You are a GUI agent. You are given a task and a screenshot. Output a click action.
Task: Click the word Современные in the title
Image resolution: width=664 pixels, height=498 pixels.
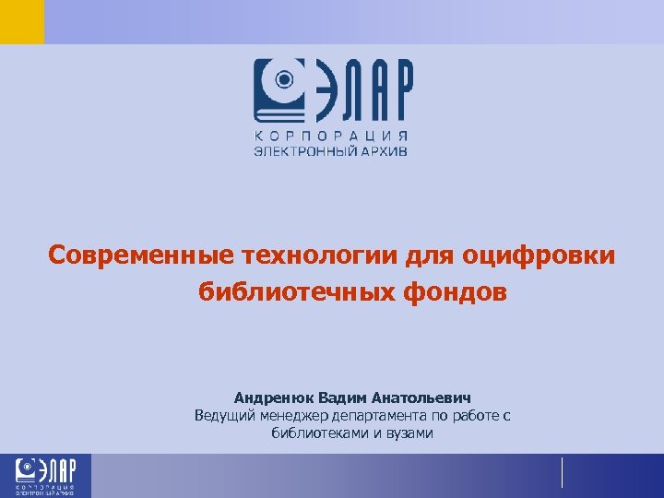142,254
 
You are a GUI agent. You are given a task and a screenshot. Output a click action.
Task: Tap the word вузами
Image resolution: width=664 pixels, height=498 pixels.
409,433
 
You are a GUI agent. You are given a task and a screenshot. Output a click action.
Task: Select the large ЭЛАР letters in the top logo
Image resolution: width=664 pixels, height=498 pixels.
364,90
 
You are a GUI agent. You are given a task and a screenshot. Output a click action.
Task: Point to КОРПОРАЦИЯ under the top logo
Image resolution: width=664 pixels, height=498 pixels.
331,136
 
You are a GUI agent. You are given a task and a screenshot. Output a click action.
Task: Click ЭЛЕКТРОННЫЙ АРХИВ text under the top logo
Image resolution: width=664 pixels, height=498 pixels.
331,150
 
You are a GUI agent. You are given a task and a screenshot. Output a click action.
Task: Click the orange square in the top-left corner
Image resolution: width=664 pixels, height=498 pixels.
21,21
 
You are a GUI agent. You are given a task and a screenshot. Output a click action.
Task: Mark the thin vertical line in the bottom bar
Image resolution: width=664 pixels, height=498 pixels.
562,472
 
